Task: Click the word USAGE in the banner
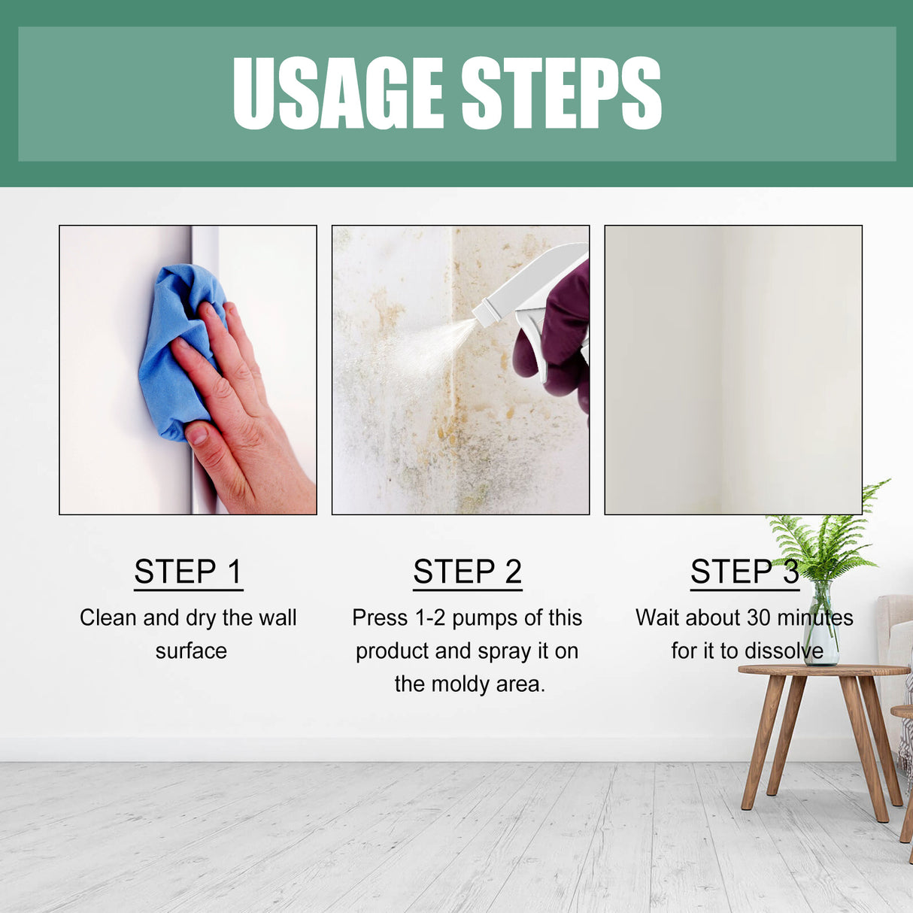[x=338, y=93]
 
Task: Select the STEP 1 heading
[x=188, y=572]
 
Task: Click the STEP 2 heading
[x=467, y=572]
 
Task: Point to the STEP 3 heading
[x=745, y=572]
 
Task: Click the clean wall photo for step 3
[x=733, y=369]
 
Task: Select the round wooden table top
[x=824, y=670]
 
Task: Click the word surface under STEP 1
[x=191, y=651]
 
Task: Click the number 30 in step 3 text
[x=759, y=617]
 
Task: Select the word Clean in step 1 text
[x=108, y=617]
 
